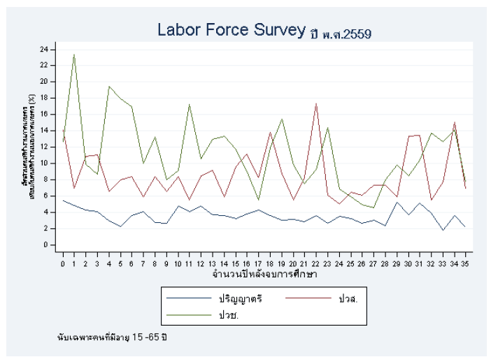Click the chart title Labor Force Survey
(232, 30)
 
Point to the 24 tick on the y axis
(43, 49)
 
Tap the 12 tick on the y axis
(43, 147)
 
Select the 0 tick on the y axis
(45, 245)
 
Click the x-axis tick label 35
(465, 263)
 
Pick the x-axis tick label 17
(259, 263)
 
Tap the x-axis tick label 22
(316, 263)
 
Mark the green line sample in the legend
(188, 314)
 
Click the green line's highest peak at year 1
(74, 54)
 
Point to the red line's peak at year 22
(316, 103)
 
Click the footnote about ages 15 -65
(112, 337)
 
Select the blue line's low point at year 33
(442, 230)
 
